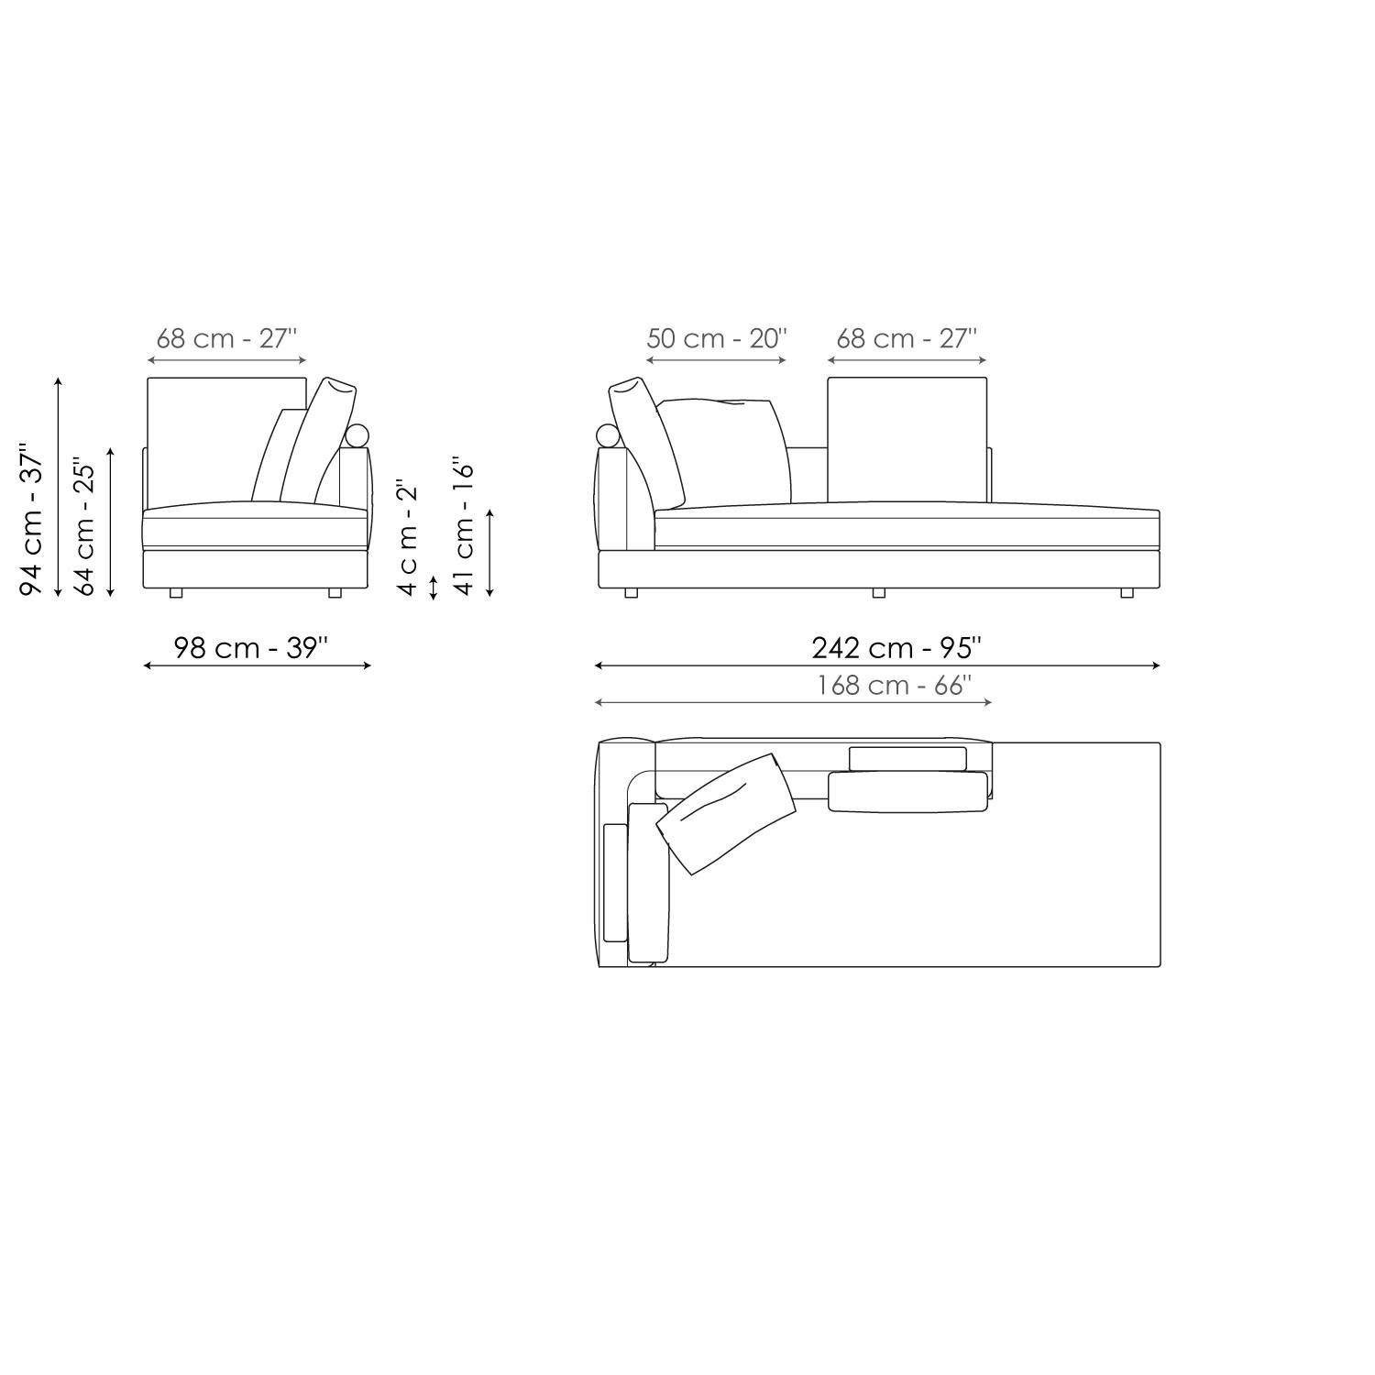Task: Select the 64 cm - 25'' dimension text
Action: (x=84, y=526)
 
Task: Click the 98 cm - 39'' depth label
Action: (x=250, y=647)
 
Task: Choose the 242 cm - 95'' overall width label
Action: (x=896, y=647)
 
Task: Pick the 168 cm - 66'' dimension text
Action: (x=894, y=685)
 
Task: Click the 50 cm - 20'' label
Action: (x=716, y=338)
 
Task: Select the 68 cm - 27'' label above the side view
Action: (x=226, y=338)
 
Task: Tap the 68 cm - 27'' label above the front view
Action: (x=907, y=338)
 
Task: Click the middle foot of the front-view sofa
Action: (x=878, y=593)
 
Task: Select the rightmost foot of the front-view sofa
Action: (x=1126, y=593)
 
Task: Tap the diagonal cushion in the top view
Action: (x=726, y=811)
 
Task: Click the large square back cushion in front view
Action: (x=907, y=440)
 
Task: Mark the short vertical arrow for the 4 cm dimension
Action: (x=434, y=586)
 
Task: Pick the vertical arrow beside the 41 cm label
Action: (x=489, y=553)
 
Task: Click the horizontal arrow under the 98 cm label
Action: (x=257, y=665)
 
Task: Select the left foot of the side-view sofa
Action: (x=176, y=593)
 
